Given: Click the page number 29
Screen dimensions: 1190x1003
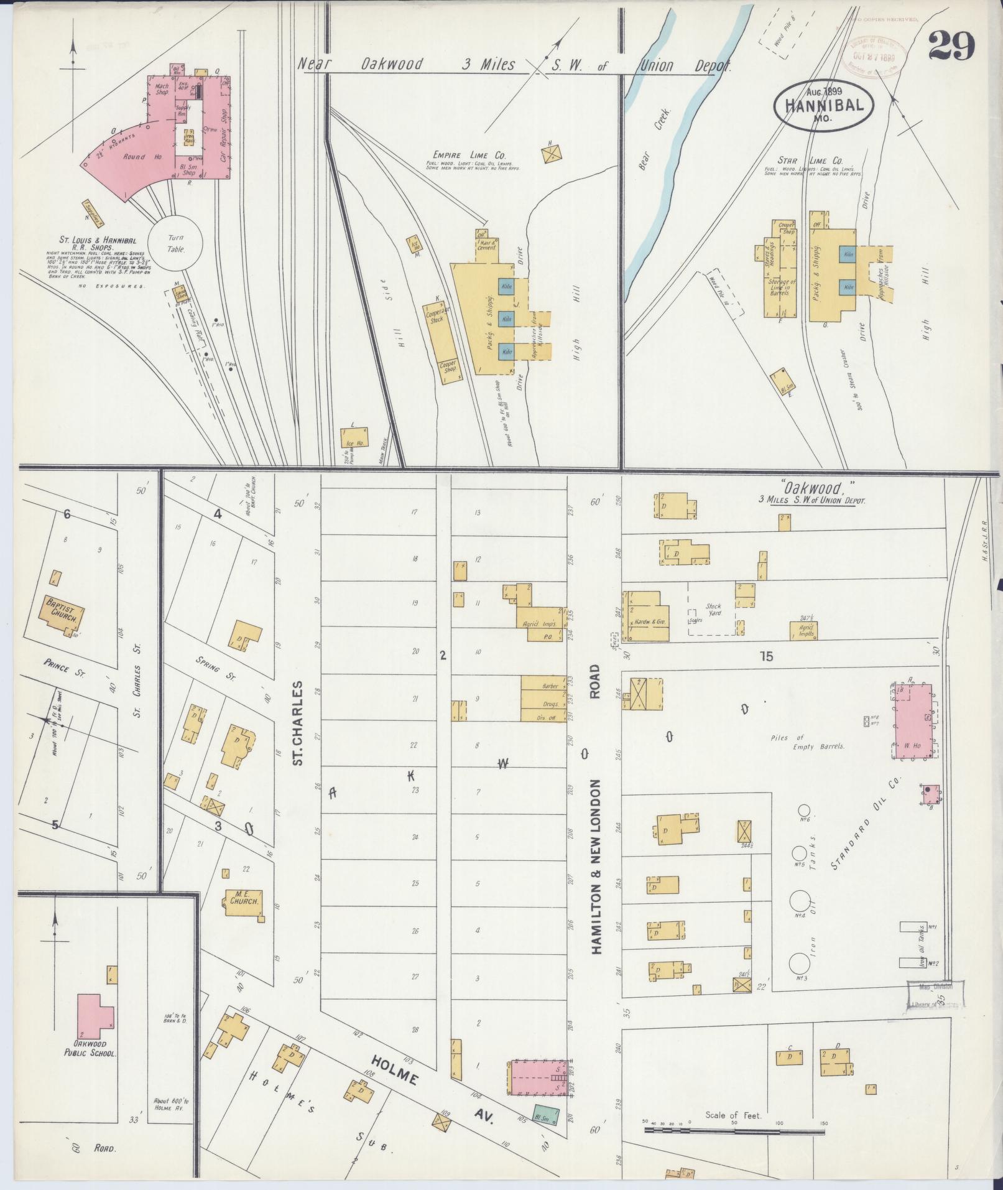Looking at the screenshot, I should click(951, 47).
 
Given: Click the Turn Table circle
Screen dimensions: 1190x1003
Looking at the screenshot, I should click(175, 243).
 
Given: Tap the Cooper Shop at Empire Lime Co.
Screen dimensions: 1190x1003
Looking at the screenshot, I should click(448, 366).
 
